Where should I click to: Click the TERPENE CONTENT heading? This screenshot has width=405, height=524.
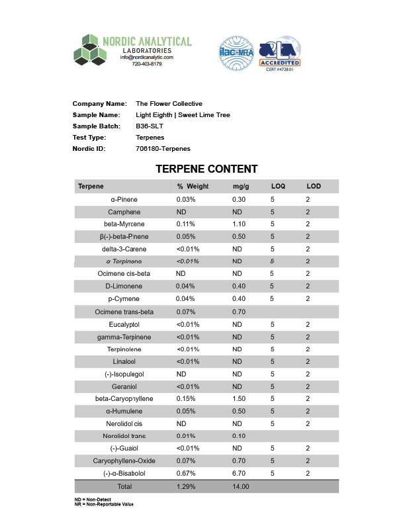pos(206,169)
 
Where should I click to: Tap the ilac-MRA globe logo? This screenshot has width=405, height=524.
pos(236,54)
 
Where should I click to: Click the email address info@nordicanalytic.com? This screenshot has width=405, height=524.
pos(146,58)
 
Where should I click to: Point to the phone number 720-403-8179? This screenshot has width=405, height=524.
pos(146,64)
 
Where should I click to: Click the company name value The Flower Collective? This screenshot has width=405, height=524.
pos(169,104)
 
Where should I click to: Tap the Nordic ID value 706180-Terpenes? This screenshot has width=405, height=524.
pos(162,149)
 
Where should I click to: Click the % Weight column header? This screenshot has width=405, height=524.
pos(193,187)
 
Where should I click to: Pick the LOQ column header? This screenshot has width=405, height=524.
pos(278,187)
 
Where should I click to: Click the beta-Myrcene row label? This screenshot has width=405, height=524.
pos(124,224)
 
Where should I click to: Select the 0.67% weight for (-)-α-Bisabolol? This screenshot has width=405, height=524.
pos(187,474)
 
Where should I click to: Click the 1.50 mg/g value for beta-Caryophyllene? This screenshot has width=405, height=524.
pos(240,399)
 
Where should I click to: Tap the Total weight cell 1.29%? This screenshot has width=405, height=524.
pos(187,487)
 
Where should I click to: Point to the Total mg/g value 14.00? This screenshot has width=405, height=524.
pos(241,487)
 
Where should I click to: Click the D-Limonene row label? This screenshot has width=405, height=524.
pos(124,286)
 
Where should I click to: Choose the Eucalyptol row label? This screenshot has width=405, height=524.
pos(124,324)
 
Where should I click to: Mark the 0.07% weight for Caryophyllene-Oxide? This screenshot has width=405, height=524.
pos(187,461)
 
